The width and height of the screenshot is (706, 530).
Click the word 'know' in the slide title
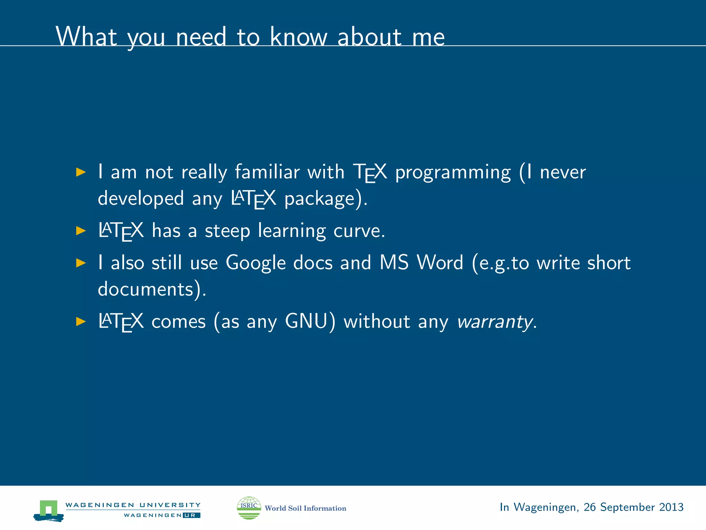point(298,37)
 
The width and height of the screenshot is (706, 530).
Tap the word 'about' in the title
point(369,37)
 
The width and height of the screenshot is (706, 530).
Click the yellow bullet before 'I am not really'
point(81,172)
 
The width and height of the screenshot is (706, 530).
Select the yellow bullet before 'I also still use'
point(81,263)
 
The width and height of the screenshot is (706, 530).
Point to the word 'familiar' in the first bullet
point(267,172)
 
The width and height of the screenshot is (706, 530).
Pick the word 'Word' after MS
point(440,263)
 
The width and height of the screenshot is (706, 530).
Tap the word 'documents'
point(145,289)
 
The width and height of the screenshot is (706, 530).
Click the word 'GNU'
point(306,322)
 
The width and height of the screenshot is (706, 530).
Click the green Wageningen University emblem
point(49,510)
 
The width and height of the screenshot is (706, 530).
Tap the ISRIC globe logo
point(249,508)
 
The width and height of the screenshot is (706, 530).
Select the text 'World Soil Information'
point(305,508)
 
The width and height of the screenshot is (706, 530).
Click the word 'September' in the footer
point(627,508)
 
